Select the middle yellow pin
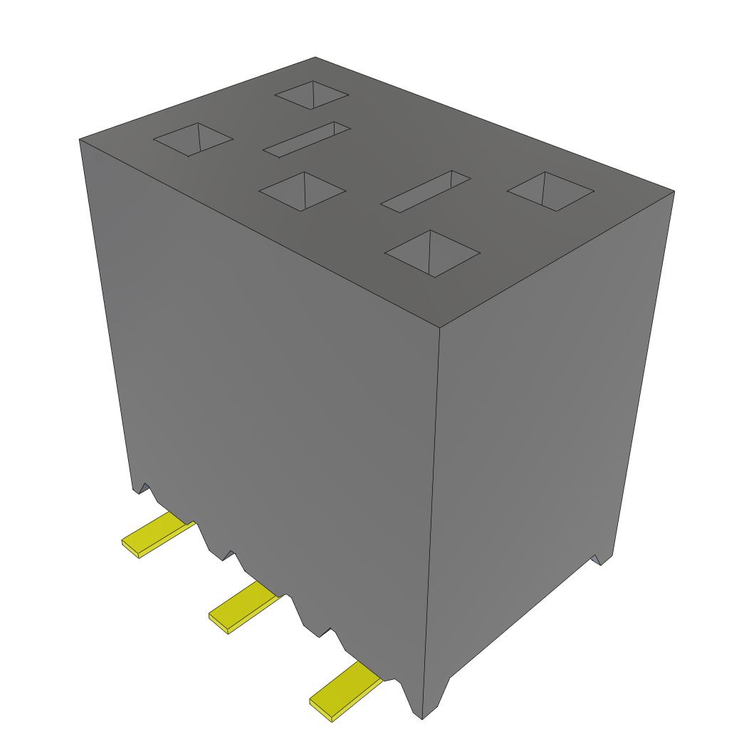point(242,607)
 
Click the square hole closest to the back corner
point(312,95)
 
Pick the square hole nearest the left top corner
point(193,139)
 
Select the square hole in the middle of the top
point(303,191)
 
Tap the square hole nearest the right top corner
point(550,191)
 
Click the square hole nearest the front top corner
point(432,253)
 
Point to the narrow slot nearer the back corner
point(307,139)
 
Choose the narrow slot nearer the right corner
point(426,191)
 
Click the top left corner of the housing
point(79,140)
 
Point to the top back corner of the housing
point(315,57)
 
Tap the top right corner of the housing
point(674,191)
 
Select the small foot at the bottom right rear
point(602,560)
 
